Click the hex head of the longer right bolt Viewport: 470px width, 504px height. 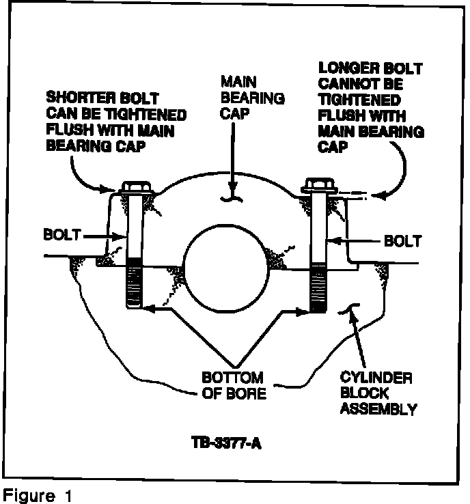click(318, 185)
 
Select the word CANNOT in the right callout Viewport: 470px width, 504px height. click(343, 84)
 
